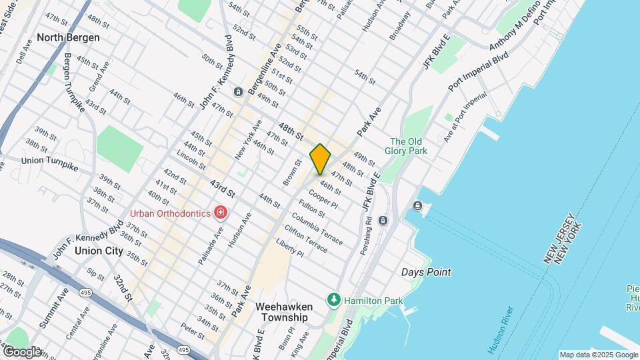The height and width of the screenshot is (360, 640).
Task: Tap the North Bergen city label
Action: coord(68,37)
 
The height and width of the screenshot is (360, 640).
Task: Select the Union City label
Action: coord(99,251)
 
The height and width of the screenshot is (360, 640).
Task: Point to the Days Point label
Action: coord(426,272)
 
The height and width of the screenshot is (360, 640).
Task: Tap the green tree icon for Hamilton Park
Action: coord(333,301)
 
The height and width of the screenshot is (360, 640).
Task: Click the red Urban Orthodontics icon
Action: coord(220,213)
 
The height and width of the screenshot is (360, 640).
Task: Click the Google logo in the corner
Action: coord(22,351)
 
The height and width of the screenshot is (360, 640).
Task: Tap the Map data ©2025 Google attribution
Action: coord(598,355)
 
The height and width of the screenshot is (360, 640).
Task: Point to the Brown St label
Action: coord(289,173)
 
